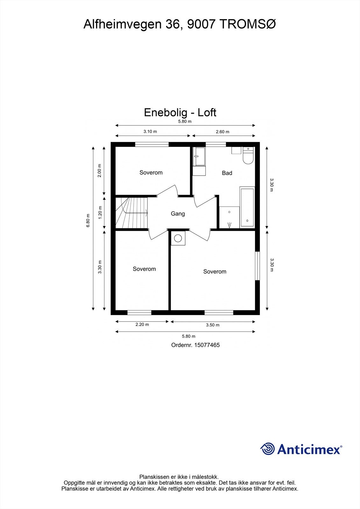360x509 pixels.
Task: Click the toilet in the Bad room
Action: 248,156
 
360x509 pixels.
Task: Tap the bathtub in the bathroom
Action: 247,207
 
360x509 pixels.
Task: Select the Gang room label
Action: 178,214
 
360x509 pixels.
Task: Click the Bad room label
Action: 227,173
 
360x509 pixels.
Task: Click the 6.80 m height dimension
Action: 88,220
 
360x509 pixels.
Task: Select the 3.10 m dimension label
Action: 150,131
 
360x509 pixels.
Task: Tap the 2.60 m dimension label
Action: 222,132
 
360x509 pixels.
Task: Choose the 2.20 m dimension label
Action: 142,324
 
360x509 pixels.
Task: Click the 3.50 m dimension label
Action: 213,325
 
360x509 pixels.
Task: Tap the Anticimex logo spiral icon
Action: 267,449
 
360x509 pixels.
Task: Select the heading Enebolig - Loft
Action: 180,112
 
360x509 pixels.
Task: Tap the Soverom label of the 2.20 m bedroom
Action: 144,269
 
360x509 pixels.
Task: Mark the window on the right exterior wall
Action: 257,266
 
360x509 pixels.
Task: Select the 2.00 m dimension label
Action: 100,171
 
